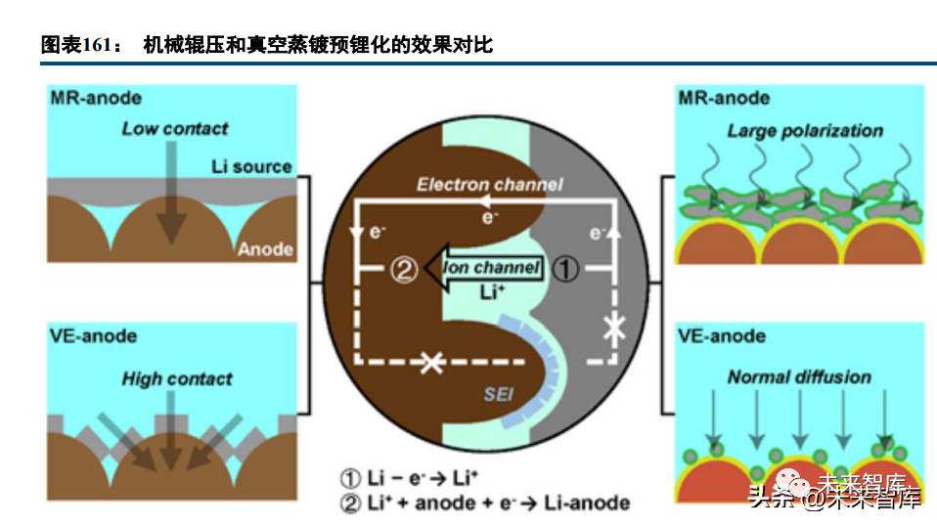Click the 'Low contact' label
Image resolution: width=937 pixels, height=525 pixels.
(x=175, y=128)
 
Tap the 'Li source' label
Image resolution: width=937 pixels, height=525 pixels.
(x=251, y=167)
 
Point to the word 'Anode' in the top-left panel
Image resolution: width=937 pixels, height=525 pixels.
(x=264, y=249)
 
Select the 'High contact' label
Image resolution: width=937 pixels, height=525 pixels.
(x=177, y=378)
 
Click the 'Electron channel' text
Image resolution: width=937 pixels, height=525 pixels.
(x=490, y=184)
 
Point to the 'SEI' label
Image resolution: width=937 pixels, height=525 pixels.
(x=499, y=394)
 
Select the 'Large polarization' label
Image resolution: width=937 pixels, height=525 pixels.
(x=804, y=130)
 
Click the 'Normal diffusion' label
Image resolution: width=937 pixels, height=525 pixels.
(x=799, y=376)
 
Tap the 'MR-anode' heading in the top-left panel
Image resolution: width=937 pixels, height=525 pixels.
(x=95, y=98)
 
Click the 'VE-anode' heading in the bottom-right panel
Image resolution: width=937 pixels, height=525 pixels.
(x=723, y=336)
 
